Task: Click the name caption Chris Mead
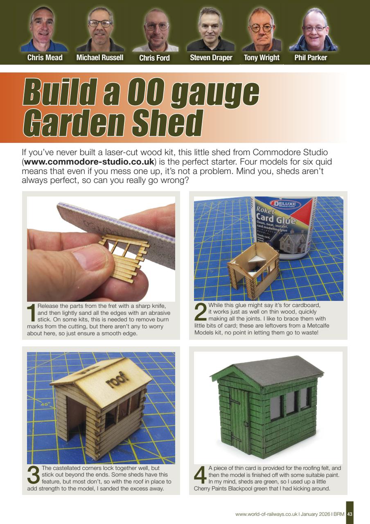click(x=45, y=58)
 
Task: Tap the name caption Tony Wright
click(x=262, y=58)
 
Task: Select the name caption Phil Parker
click(x=311, y=58)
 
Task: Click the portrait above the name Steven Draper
click(x=210, y=29)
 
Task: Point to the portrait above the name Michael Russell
click(x=100, y=29)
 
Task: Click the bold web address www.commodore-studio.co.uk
click(x=89, y=162)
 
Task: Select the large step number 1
click(x=32, y=313)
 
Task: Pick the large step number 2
click(x=201, y=312)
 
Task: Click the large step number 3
click(x=34, y=474)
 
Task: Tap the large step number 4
click(x=201, y=474)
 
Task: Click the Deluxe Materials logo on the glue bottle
click(x=283, y=204)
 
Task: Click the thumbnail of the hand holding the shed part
click(x=101, y=249)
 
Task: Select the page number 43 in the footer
click(x=350, y=514)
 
